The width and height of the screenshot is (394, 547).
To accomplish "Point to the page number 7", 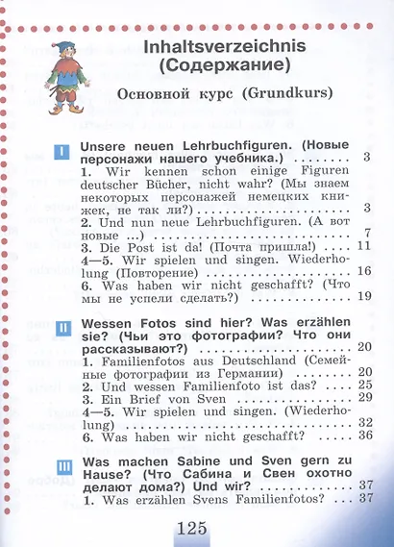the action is click(368, 235).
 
